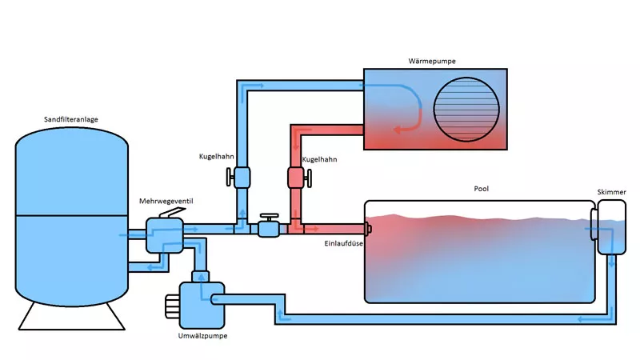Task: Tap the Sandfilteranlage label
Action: (x=72, y=119)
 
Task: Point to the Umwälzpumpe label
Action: (x=203, y=336)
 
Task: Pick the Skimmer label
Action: (x=610, y=192)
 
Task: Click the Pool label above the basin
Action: (x=481, y=190)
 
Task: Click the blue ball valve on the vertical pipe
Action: (x=241, y=176)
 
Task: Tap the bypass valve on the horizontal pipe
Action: (x=267, y=228)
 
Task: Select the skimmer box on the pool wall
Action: (x=610, y=227)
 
